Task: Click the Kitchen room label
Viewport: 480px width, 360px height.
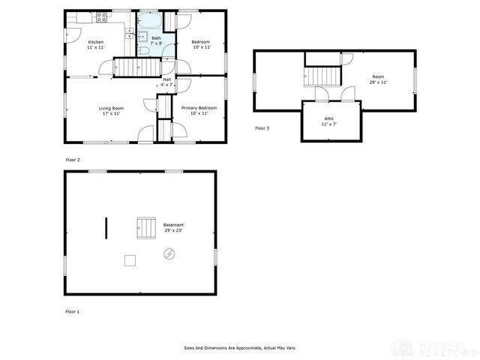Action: pos(96,41)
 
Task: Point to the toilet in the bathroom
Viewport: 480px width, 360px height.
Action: pos(141,51)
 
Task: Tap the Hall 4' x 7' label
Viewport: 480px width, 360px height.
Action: pos(166,82)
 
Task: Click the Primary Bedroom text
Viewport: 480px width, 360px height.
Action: pos(199,108)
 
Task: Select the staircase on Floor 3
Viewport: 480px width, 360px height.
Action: pos(322,76)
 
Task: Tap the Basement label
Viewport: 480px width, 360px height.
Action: pos(173,225)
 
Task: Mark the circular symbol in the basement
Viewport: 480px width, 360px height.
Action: pos(169,254)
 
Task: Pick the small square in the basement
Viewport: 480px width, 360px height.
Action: pos(130,260)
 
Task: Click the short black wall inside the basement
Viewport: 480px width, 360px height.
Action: pos(106,227)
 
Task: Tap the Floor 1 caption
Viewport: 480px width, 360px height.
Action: pos(72,310)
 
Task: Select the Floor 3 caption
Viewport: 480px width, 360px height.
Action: pos(262,128)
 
